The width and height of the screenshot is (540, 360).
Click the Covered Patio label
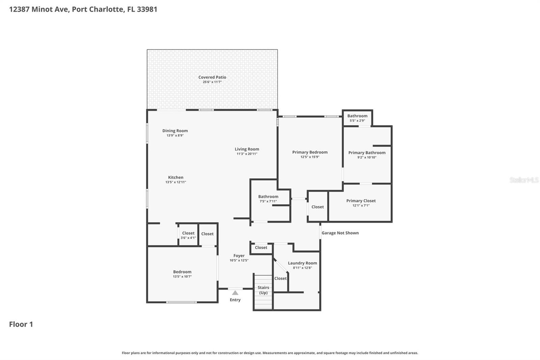[212, 77]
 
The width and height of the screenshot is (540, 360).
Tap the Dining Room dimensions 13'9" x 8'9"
[175, 135]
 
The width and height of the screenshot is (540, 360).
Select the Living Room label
[247, 149]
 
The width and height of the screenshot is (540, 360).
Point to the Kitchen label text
[175, 177]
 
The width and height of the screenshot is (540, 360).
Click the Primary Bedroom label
[309, 152]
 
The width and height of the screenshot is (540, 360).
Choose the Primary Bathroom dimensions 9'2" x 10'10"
[367, 157]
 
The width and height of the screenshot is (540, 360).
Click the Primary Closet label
[361, 201]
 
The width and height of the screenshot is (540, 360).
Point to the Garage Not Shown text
[340, 233]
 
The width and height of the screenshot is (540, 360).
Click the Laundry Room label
[302, 263]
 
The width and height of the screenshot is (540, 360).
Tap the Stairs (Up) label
[263, 290]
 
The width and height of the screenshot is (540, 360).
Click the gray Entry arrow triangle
[235, 293]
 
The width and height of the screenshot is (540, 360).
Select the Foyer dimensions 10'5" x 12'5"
[239, 260]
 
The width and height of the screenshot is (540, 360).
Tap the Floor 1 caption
[21, 324]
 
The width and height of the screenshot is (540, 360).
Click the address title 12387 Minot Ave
[83, 9]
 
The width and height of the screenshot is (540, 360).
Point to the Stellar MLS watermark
[524, 180]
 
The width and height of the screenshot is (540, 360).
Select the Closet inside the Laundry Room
[280, 278]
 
